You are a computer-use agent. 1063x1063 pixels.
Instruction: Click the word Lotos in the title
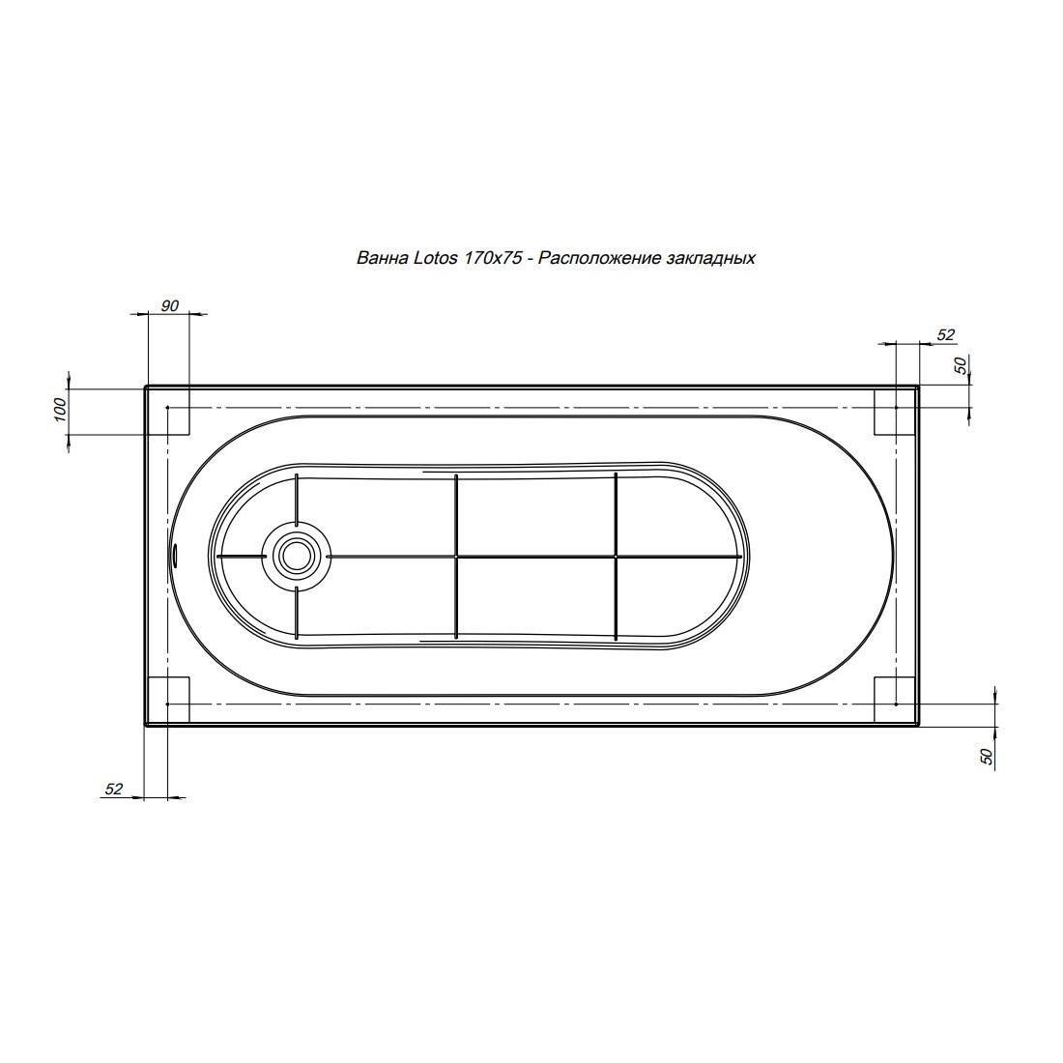coord(436,258)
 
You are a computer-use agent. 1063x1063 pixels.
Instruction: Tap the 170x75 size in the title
coord(494,258)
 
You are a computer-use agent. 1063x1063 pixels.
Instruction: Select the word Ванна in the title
coord(383,258)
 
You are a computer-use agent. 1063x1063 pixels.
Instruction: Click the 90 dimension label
coord(169,305)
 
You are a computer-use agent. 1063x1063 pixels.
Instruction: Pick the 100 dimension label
coord(60,410)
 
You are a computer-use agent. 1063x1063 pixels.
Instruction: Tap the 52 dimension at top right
coord(946,335)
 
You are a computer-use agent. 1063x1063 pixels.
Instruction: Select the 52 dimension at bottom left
coord(114,789)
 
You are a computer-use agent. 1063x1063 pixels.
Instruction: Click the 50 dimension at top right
coord(960,364)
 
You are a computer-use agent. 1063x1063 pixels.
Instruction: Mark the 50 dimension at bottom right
coord(987,756)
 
